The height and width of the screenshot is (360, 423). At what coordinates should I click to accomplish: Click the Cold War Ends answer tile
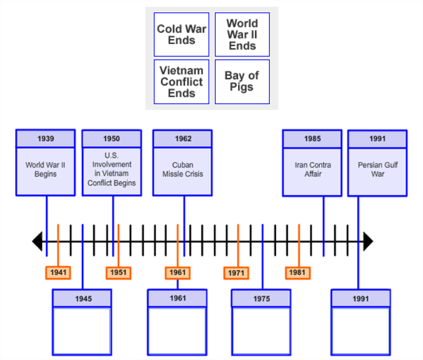[x=182, y=35]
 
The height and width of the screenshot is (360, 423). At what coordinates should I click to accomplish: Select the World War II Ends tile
[x=242, y=35]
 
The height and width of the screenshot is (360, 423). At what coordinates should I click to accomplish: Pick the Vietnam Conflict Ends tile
[x=182, y=82]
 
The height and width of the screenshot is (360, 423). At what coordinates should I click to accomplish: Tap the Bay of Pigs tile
[x=242, y=82]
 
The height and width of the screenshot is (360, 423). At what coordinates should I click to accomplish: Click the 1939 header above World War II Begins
[x=46, y=139]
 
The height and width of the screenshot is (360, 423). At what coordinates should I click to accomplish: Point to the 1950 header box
[x=111, y=139]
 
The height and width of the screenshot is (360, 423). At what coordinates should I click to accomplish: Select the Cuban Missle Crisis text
[x=183, y=170]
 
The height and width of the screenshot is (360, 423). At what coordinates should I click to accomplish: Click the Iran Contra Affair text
[x=313, y=170]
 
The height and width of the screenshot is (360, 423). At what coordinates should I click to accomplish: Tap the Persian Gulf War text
[x=378, y=170]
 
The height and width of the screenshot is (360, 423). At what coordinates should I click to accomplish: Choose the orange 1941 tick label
[x=58, y=273]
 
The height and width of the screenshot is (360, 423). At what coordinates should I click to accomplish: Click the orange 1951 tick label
[x=118, y=273]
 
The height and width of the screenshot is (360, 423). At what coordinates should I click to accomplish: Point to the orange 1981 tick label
[x=297, y=273]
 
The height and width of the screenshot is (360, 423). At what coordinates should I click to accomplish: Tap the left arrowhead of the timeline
[x=37, y=242]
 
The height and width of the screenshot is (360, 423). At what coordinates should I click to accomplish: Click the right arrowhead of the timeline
[x=368, y=242]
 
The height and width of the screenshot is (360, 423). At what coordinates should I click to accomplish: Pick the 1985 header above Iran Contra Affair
[x=312, y=139]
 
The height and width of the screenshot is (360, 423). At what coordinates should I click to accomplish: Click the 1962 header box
[x=183, y=139]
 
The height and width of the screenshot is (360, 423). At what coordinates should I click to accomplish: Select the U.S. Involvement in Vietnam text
[x=111, y=169]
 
